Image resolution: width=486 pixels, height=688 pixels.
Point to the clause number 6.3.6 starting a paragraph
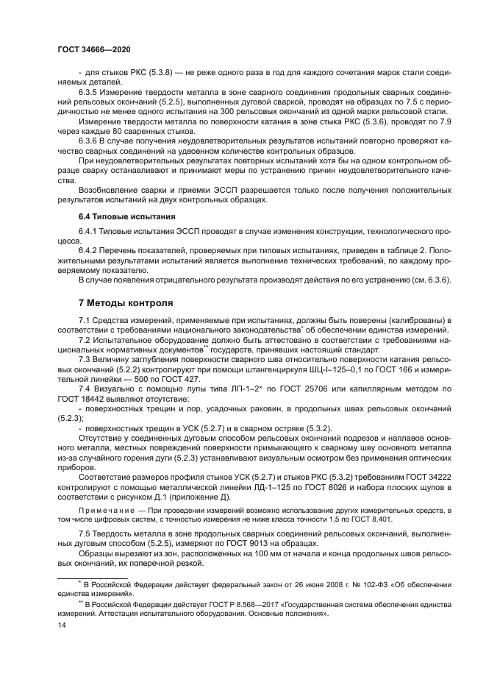tap(90, 139)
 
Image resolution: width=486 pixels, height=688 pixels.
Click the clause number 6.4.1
tap(90, 232)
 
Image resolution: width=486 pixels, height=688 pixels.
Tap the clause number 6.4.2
tap(90, 250)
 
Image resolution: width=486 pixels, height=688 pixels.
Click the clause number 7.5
tap(85, 531)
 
